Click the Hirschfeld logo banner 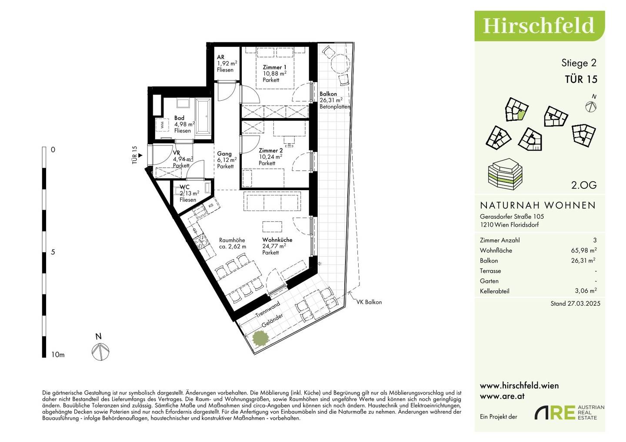click(539, 26)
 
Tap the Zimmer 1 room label click(274, 67)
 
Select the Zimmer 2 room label click(270, 151)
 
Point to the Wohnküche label click(277, 240)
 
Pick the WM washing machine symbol click(163, 125)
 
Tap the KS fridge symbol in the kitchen click(211, 205)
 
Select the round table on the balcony click(340, 63)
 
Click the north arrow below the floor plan click(100, 352)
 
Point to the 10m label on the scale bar click(58, 355)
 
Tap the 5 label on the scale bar click(53, 252)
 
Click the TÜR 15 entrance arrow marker click(140, 155)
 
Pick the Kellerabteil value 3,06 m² click(586, 291)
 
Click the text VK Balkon click(369, 302)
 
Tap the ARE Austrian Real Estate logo click(569, 412)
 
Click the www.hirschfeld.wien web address click(519, 386)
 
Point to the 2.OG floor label click(584, 185)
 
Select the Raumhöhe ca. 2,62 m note click(233, 243)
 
